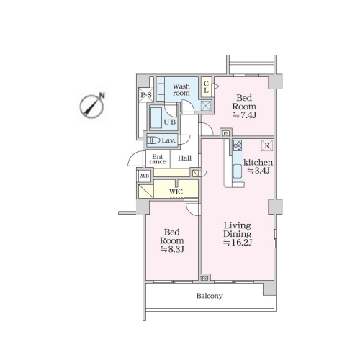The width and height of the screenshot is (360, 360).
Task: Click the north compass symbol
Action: (x=92, y=106)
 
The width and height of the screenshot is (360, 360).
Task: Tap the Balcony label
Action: (x=210, y=296)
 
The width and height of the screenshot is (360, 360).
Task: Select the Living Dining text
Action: (x=238, y=230)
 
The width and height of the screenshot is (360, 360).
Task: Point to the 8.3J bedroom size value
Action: (x=172, y=249)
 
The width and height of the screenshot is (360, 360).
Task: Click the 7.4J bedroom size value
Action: (x=244, y=115)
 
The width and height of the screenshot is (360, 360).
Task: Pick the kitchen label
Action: (x=258, y=163)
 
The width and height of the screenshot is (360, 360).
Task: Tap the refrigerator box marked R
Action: (x=267, y=145)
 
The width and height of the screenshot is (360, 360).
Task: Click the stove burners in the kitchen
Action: (x=238, y=145)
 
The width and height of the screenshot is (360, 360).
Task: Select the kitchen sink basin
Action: (x=238, y=171)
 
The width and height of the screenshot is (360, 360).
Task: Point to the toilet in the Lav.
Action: (x=153, y=140)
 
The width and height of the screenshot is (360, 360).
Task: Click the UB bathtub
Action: (x=156, y=118)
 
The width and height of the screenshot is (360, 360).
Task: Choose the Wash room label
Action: (x=181, y=89)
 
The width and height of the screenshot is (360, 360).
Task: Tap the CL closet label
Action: (x=206, y=87)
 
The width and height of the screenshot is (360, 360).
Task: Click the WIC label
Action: (x=176, y=192)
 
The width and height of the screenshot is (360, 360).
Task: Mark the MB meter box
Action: (x=145, y=176)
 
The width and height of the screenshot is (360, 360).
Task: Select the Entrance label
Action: (x=158, y=159)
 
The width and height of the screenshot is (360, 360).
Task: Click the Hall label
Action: (x=184, y=158)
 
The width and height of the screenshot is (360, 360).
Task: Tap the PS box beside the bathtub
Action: (x=146, y=95)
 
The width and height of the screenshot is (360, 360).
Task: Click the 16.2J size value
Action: (x=238, y=243)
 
